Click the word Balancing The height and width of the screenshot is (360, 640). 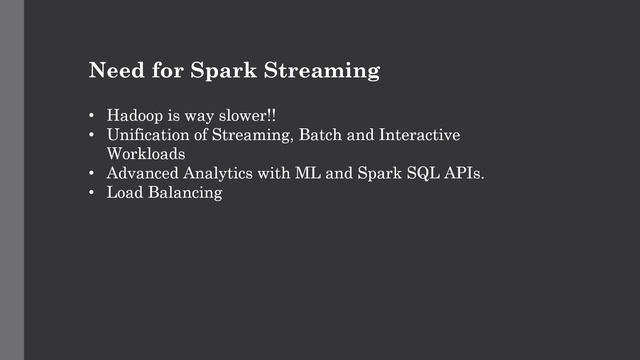[186, 195]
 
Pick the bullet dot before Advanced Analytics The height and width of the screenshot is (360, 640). [92, 175]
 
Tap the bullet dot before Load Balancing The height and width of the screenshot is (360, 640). [92, 195]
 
